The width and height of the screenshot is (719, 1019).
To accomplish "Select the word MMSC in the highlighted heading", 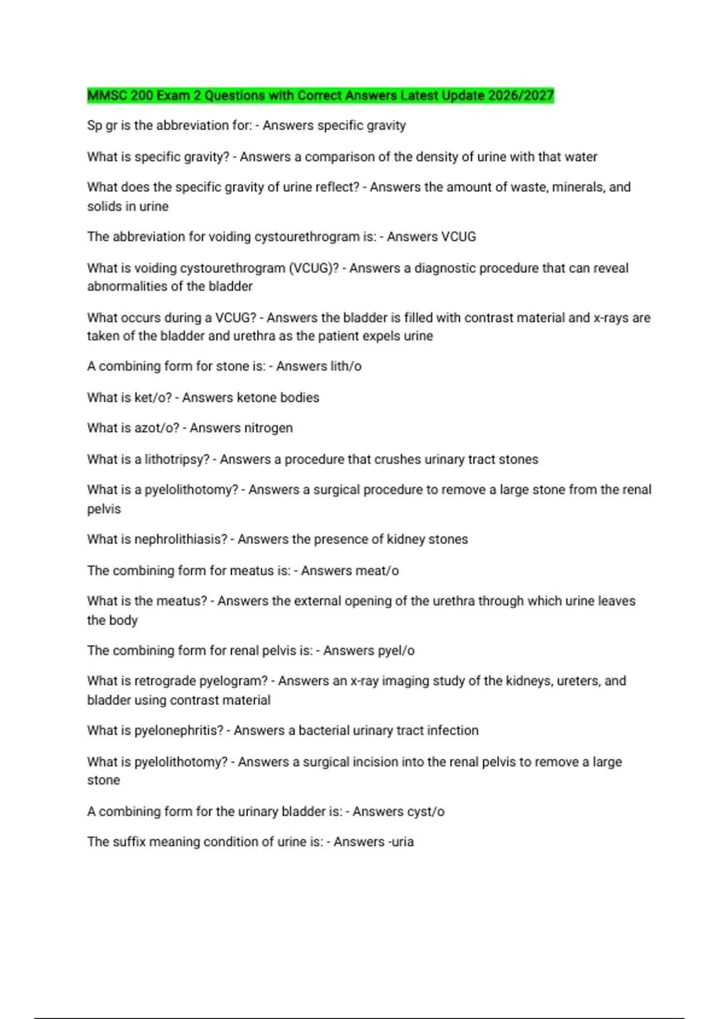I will (x=103, y=95).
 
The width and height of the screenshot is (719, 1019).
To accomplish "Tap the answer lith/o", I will (x=341, y=366).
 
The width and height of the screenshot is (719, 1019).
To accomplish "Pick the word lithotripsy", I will (x=177, y=459).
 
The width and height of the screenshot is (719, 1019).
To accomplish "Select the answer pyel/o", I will (x=395, y=650).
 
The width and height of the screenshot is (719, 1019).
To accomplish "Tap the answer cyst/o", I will (x=424, y=812).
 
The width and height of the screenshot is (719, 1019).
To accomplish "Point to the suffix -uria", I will (x=401, y=842).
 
